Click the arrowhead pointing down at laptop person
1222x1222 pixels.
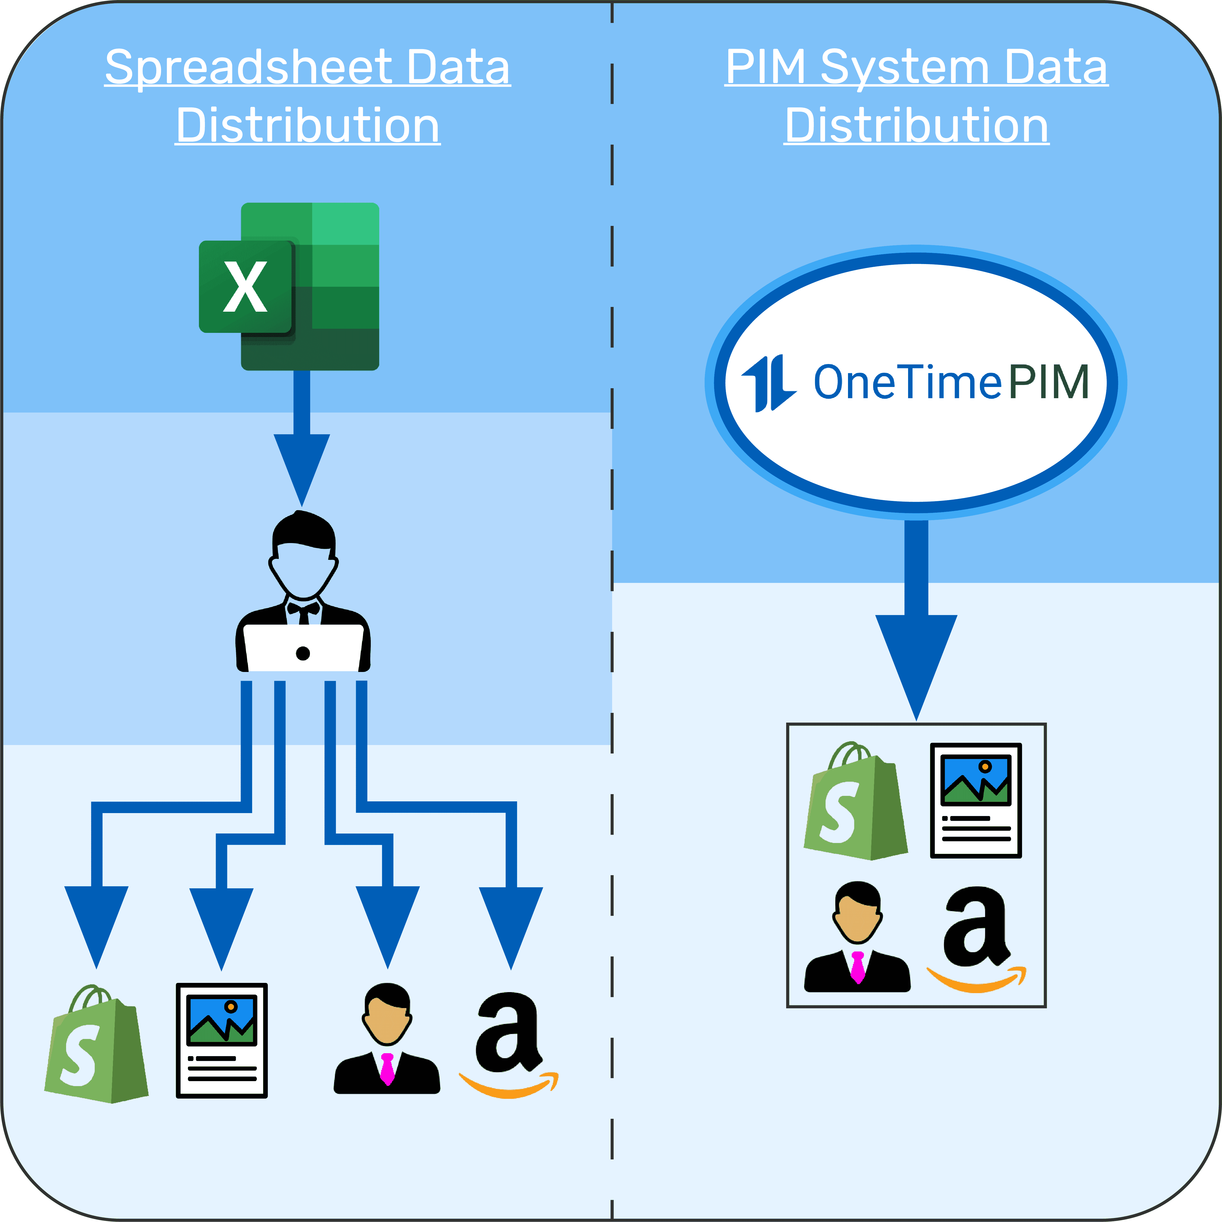tap(302, 465)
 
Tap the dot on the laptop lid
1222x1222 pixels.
tap(303, 653)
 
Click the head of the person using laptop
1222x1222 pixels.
tap(304, 557)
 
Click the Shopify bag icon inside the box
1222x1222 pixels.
tap(855, 803)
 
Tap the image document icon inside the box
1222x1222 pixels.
tap(976, 800)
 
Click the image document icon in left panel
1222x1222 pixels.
tap(221, 1040)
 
